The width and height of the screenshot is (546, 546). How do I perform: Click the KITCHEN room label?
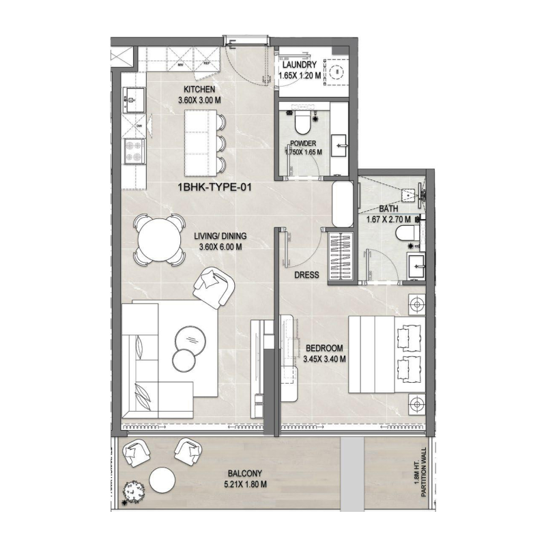tap(200, 89)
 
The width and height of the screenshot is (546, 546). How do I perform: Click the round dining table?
tap(158, 240)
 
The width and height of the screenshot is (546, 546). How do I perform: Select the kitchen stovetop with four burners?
tap(133, 149)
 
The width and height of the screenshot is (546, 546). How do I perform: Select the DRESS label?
tap(307, 274)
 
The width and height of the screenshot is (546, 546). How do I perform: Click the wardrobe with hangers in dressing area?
tap(341, 256)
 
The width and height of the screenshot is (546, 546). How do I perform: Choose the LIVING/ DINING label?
tap(222, 237)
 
